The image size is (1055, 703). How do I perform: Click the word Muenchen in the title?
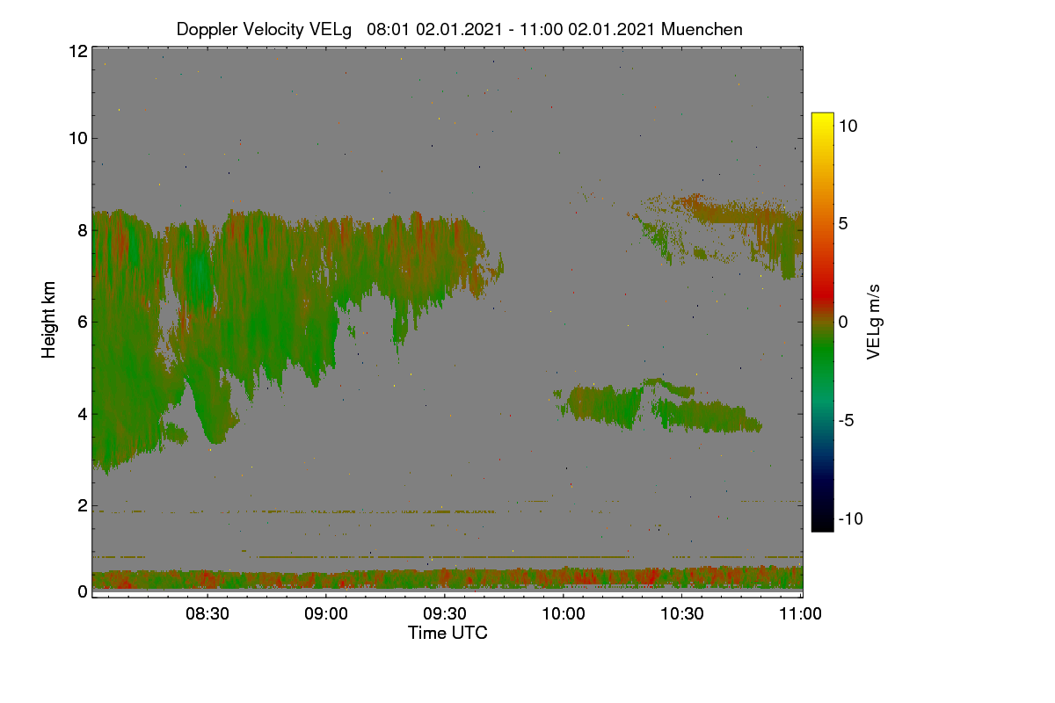pos(702,29)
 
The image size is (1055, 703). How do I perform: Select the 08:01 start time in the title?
pos(389,29)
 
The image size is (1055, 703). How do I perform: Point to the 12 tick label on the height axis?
pos(78,51)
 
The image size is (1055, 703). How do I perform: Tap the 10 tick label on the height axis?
pos(78,139)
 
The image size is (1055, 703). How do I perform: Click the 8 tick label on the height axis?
pos(83,230)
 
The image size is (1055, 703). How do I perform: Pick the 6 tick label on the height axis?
pos(83,323)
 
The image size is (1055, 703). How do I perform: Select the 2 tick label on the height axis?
pos(83,505)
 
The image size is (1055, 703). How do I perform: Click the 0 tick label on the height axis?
pos(83,591)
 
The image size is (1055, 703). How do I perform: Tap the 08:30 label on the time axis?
pos(207,613)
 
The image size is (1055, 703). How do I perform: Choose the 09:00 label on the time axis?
pos(326,613)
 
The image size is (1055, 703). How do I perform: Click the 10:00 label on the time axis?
pos(564,613)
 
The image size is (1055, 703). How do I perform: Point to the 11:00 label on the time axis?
pos(800,613)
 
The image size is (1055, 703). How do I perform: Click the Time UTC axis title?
pos(447,633)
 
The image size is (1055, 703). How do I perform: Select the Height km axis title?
pos(48,320)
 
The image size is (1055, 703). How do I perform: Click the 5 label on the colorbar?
pos(843,224)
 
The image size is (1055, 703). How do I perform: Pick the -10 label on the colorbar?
pos(851,518)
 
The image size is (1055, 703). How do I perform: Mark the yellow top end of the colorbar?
pos(822,114)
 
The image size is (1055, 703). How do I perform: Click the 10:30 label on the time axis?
pos(682,613)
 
